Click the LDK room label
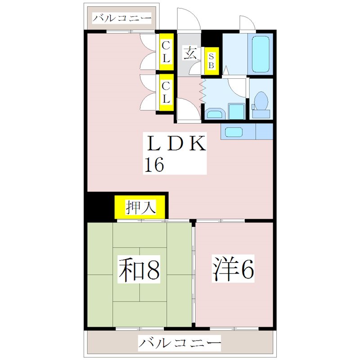click(175, 144)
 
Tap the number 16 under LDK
click(154, 165)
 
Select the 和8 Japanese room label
click(139, 269)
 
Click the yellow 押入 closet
click(141, 207)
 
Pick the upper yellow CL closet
click(166, 52)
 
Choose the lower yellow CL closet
click(166, 92)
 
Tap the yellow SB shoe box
click(211, 60)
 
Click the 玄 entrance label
click(189, 53)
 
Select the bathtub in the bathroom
click(260, 54)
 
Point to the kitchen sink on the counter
click(234, 132)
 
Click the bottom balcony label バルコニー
click(180, 344)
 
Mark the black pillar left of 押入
click(100, 206)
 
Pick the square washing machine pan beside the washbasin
click(236, 112)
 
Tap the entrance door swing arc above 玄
click(187, 20)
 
